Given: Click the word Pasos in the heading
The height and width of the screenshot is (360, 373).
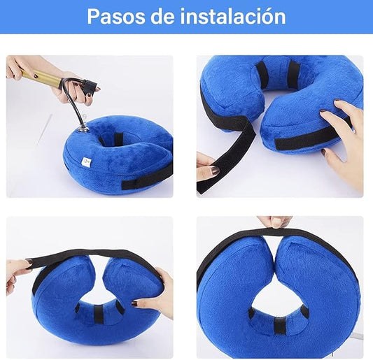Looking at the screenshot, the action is (x=116, y=16).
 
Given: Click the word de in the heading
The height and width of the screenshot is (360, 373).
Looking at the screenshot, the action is (x=162, y=16).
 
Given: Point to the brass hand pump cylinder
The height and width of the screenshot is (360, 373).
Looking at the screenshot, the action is (x=41, y=77).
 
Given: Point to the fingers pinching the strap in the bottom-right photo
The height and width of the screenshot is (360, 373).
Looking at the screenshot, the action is (x=275, y=222).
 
